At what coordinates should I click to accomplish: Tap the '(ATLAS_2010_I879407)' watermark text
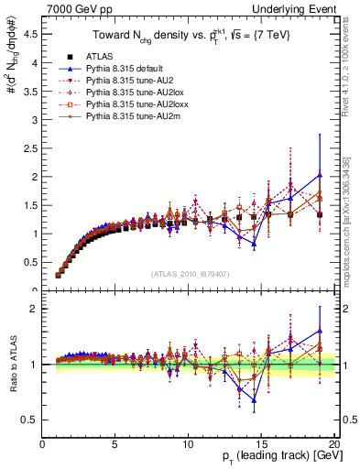pos(191,272)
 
